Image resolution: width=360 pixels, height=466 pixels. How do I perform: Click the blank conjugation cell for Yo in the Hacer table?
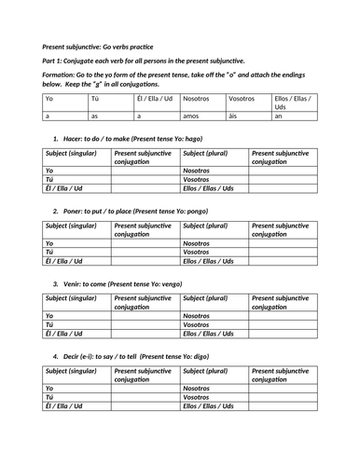pos(145,171)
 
